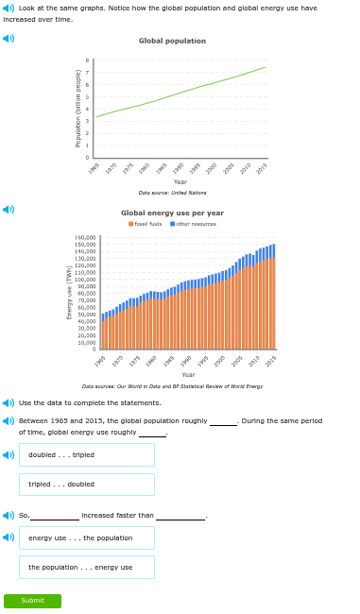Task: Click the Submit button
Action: pos(32,601)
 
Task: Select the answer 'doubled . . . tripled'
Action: pos(86,454)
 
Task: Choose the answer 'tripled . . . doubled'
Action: pos(86,485)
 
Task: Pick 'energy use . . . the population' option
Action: pos(86,537)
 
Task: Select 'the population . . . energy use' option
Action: pos(86,567)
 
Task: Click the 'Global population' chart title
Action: pos(172,41)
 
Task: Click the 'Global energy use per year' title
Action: pos(172,213)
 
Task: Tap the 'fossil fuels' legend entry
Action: pos(146,224)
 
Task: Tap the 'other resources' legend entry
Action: pos(194,224)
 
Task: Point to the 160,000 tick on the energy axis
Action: pos(86,238)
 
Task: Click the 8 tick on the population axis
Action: pos(88,60)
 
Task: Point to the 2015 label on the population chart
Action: pos(262,167)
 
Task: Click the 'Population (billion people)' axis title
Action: pos(78,108)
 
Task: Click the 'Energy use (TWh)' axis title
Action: pos(69,292)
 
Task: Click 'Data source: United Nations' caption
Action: pos(172,193)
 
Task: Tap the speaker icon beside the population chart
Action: pos(9,39)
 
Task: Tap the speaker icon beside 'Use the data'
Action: pos(9,402)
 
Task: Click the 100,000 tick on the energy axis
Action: pos(86,280)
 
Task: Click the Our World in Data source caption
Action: pos(172,386)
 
